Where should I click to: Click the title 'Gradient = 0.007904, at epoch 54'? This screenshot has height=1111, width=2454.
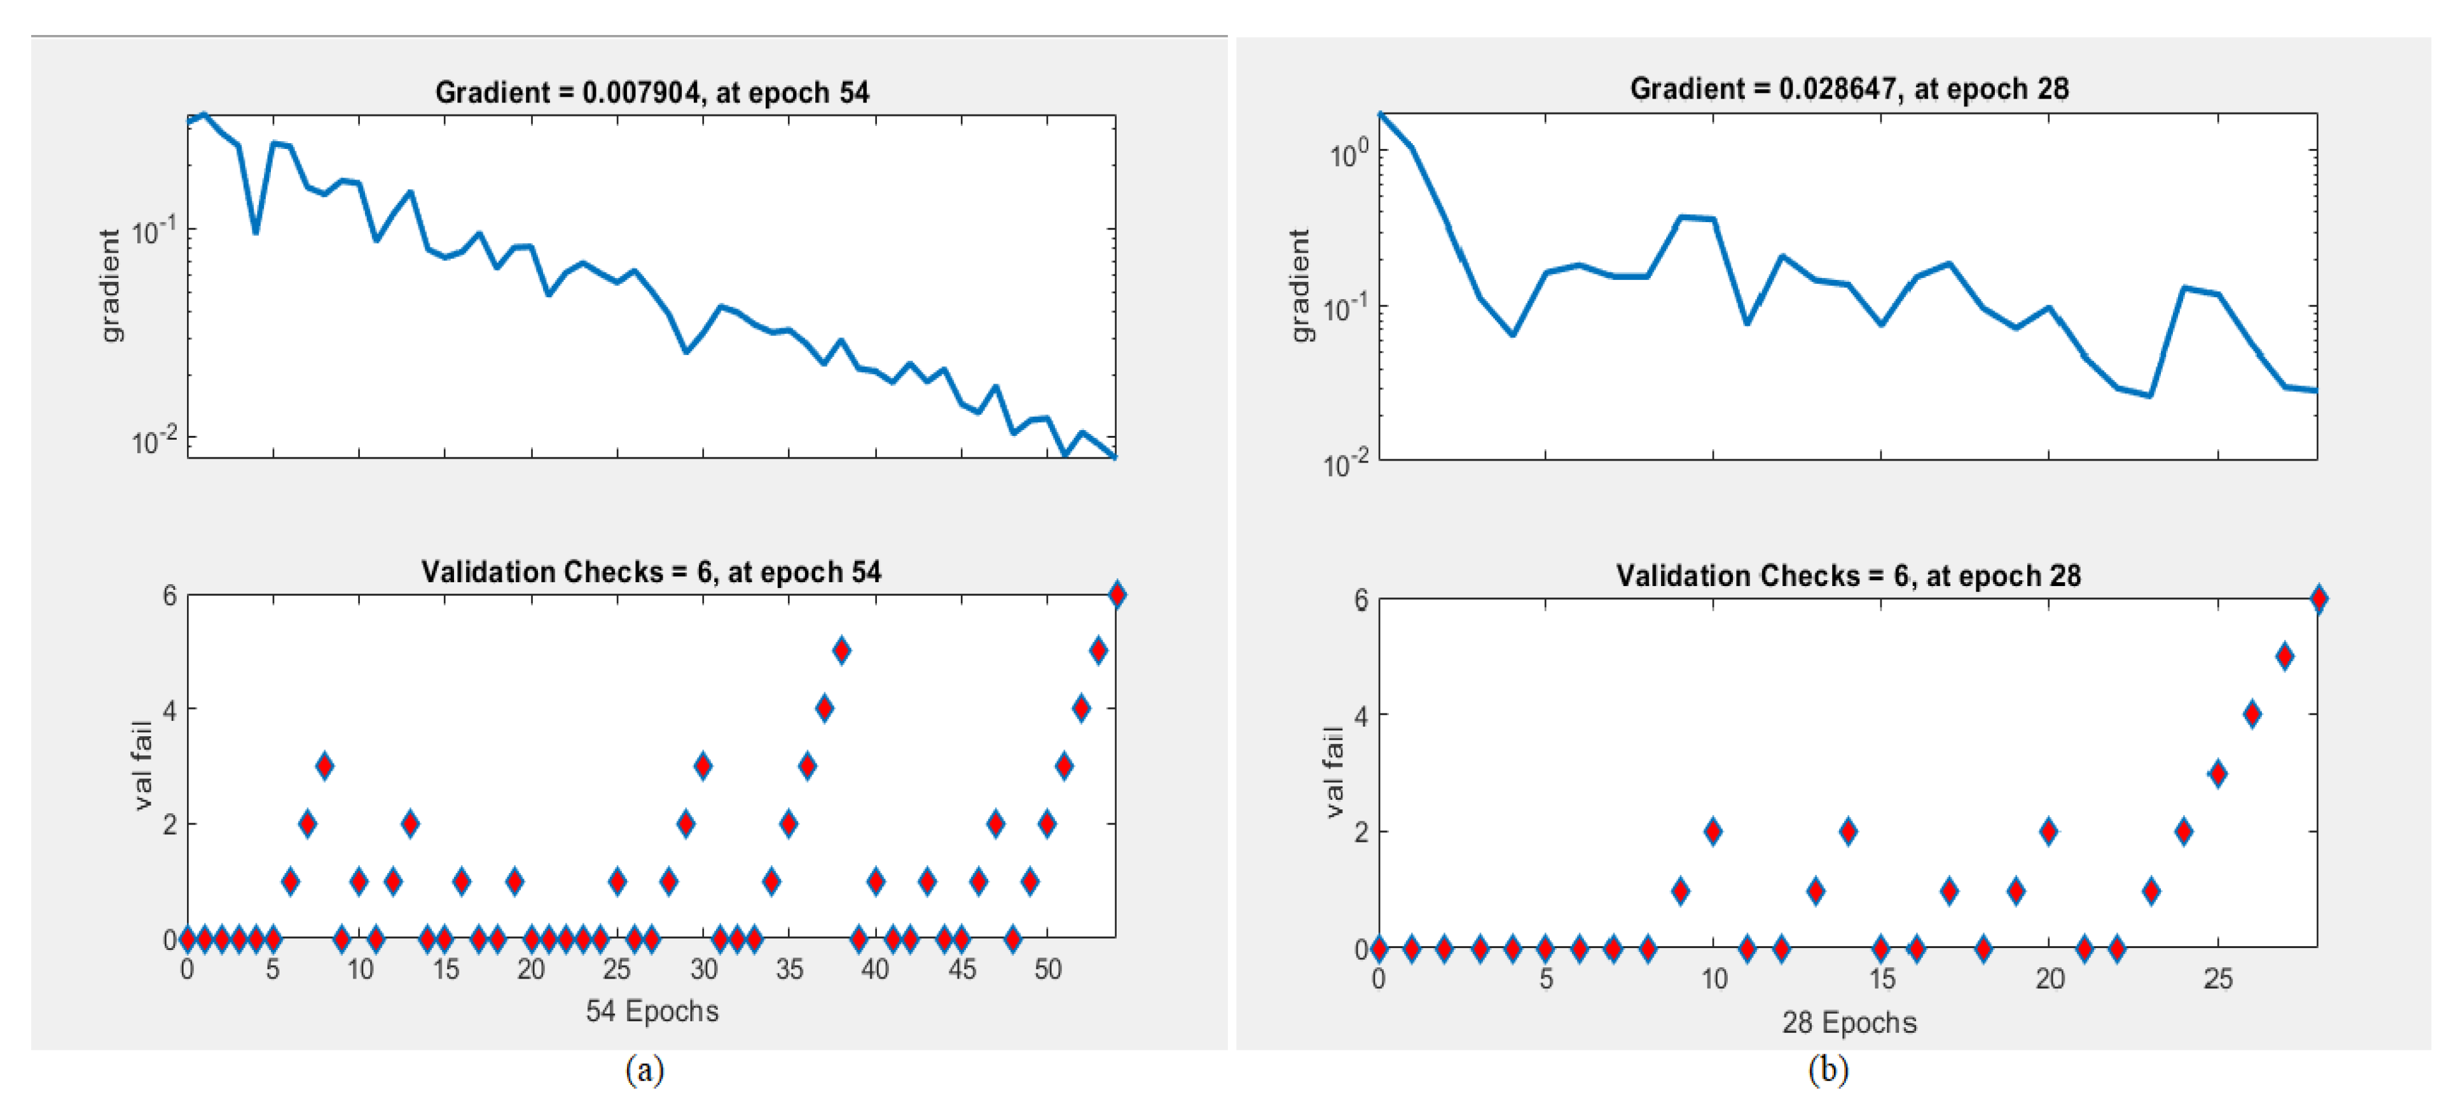click(x=652, y=92)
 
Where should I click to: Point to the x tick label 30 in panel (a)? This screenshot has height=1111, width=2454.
click(x=703, y=970)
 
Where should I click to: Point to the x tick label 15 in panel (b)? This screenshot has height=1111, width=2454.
click(x=1882, y=979)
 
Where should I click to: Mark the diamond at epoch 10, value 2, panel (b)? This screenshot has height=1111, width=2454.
click(x=1713, y=831)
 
